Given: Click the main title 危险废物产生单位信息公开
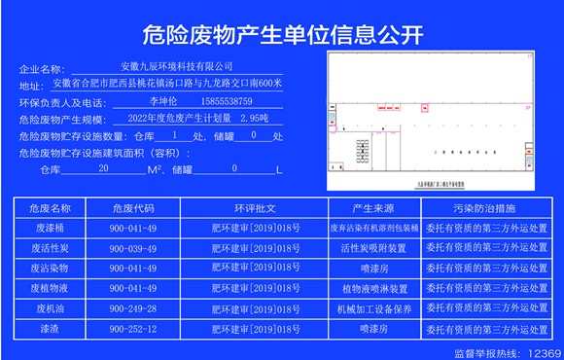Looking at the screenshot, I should [x=282, y=37].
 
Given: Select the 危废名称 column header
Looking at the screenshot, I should [x=51, y=208].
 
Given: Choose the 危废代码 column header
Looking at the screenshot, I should [x=133, y=208].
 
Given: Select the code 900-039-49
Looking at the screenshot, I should [x=133, y=248].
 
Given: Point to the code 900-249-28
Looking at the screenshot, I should [x=133, y=308].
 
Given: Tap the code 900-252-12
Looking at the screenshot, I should [x=133, y=329].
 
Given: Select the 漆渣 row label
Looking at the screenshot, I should [x=51, y=329].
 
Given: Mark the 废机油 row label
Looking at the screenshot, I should [x=51, y=308].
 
